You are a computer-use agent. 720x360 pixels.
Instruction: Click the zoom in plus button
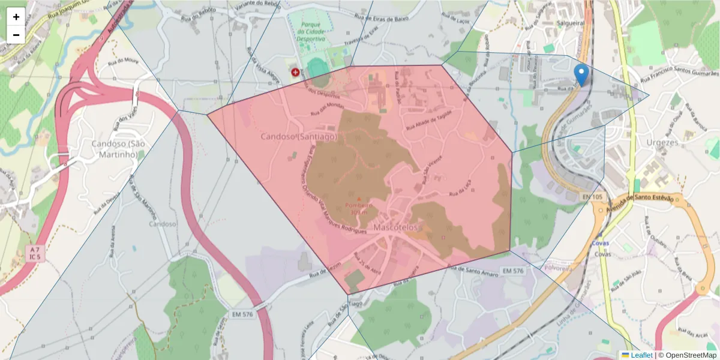pos(16,17)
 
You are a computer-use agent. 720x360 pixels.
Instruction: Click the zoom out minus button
pos(16,35)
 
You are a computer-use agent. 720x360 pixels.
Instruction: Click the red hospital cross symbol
pos(295,72)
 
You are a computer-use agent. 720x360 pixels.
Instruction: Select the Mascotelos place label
pos(395,228)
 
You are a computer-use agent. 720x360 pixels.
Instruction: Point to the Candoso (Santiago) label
pos(299,137)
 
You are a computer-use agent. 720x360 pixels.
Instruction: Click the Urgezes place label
pos(662,143)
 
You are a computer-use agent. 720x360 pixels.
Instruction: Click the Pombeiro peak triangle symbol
pos(359,199)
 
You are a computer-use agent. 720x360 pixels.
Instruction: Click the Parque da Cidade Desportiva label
pos(313,32)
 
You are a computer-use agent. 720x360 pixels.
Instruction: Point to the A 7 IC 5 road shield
pos(35,253)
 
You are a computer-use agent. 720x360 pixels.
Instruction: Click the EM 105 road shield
pos(592,197)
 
